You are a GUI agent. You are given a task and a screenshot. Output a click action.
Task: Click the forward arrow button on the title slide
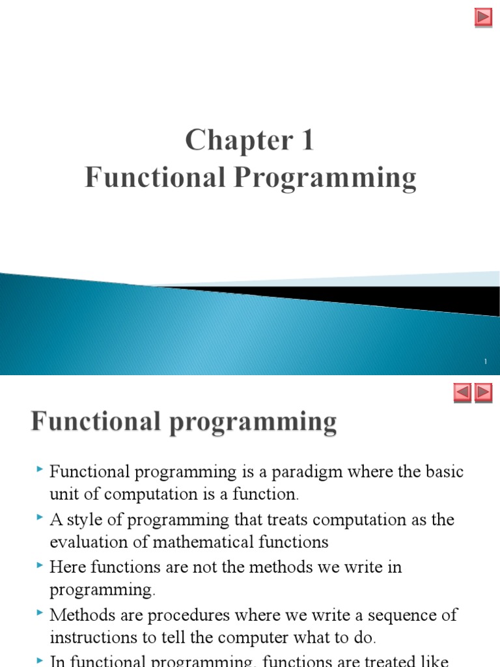click(483, 18)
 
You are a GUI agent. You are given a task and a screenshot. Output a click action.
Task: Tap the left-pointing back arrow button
click(462, 392)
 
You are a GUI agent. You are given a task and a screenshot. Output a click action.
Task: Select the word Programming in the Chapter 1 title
click(329, 178)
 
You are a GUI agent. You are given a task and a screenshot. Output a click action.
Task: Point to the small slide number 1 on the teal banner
click(486, 362)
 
